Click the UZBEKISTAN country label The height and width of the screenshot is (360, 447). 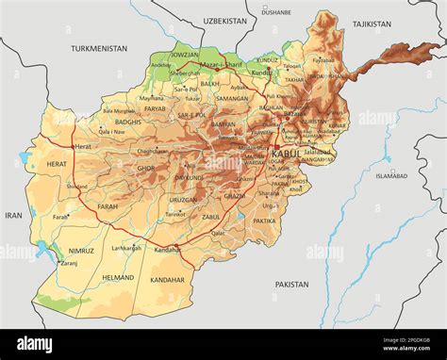[224, 19]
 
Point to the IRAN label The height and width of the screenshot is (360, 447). [13, 215]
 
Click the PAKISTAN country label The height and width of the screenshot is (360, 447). [291, 284]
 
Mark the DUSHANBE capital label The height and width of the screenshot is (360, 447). [276, 12]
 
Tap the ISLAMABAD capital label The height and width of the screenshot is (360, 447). [390, 175]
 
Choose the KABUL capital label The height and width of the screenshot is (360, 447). [287, 153]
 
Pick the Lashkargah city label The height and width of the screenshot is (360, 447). [125, 248]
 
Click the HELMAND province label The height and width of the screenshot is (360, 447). [118, 278]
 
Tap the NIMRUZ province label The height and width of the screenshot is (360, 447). [81, 251]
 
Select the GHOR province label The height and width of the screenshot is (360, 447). [145, 168]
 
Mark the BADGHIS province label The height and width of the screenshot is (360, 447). [127, 122]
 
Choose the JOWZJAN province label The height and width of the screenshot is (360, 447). [186, 55]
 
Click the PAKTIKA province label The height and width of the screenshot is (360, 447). [264, 221]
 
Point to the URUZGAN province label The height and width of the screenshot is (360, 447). [184, 199]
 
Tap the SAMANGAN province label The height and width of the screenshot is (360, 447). [231, 97]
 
